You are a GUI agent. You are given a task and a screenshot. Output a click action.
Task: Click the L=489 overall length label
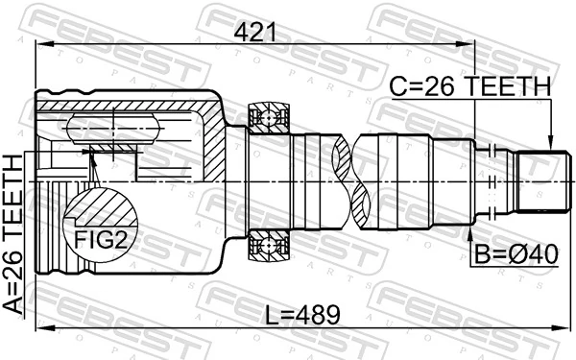[300, 313]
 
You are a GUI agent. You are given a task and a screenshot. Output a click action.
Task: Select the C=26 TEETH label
[470, 86]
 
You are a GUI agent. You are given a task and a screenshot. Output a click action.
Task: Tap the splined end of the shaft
[539, 182]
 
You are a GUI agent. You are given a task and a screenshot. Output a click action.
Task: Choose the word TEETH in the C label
[509, 86]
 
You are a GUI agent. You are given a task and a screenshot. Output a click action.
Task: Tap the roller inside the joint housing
[112, 130]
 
